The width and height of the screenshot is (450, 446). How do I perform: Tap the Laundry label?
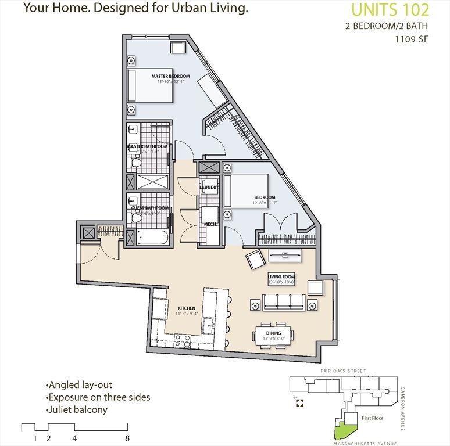(x=209, y=188)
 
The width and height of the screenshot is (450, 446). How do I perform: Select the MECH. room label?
(x=209, y=224)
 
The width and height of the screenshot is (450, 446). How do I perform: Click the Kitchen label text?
(x=186, y=308)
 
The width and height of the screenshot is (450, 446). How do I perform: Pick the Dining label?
(x=274, y=333)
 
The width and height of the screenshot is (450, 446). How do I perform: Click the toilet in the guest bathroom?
(x=136, y=219)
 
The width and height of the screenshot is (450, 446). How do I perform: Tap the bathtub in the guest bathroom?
(x=152, y=238)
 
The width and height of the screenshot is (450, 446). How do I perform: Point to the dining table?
(x=273, y=336)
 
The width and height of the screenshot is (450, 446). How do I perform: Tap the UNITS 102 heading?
(x=391, y=10)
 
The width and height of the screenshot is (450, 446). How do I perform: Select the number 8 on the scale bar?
(x=127, y=438)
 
